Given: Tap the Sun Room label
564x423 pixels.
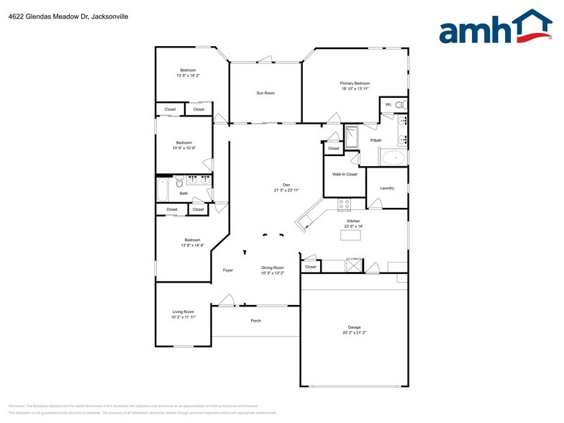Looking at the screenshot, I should (x=265, y=93).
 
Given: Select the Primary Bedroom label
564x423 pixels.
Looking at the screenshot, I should (x=355, y=83).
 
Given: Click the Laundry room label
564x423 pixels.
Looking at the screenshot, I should (x=387, y=188).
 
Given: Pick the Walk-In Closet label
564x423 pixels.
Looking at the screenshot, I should (x=345, y=174).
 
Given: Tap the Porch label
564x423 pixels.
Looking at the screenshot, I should (x=255, y=320).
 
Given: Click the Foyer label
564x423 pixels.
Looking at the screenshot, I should (x=227, y=270).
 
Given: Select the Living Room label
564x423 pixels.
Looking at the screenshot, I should (x=183, y=311).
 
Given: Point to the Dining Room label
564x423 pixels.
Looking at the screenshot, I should (x=273, y=268).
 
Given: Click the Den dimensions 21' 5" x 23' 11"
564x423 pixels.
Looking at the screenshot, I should (x=286, y=190).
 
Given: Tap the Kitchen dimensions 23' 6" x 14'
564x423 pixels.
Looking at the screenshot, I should (x=353, y=226).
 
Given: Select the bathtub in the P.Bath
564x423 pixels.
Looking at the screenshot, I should (x=394, y=158).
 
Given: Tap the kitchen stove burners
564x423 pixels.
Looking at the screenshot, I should (x=344, y=204).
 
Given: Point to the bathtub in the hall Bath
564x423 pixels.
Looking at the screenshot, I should (x=162, y=189).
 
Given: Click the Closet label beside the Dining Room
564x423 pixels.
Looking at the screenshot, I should (x=310, y=267).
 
